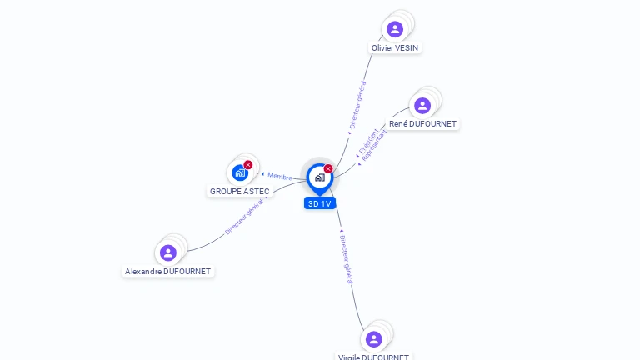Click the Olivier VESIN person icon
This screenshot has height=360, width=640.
coord(395,29)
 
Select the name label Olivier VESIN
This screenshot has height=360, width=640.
coord(395,48)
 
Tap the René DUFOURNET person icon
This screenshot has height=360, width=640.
coord(422,105)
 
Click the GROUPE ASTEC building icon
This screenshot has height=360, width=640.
coord(240,172)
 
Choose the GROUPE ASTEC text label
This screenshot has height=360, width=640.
coord(240,191)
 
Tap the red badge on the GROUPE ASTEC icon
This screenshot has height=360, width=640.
coord(248,165)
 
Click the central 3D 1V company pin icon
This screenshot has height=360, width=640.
coord(319,177)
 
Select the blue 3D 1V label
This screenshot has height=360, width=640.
coord(320,203)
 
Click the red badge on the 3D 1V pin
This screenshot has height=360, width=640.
coord(328,169)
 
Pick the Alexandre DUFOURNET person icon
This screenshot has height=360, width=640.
coord(168,252)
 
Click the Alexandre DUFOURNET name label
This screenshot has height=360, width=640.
coord(168,272)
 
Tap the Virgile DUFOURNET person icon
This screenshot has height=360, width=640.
coord(373,338)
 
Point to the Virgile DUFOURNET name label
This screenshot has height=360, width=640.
coord(373,357)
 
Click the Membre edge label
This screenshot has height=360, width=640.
coord(280,176)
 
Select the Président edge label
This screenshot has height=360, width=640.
coord(367,141)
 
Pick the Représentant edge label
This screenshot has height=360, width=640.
coord(375,146)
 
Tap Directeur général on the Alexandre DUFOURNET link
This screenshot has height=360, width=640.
coord(244,217)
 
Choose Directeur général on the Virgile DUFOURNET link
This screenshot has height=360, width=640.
coord(347,259)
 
